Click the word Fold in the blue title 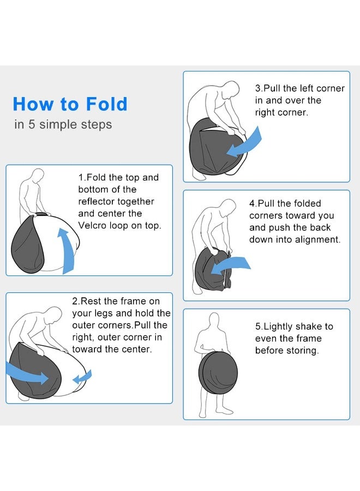pos(106,104)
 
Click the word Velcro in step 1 pos(92,225)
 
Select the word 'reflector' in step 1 pos(96,201)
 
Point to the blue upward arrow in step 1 pos(67,250)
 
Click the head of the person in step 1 pos(38,175)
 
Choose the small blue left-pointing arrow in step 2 pos(82,377)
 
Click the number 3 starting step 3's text pos(258,88)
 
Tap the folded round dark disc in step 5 pos(218,373)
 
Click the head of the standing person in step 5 pos(214,320)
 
